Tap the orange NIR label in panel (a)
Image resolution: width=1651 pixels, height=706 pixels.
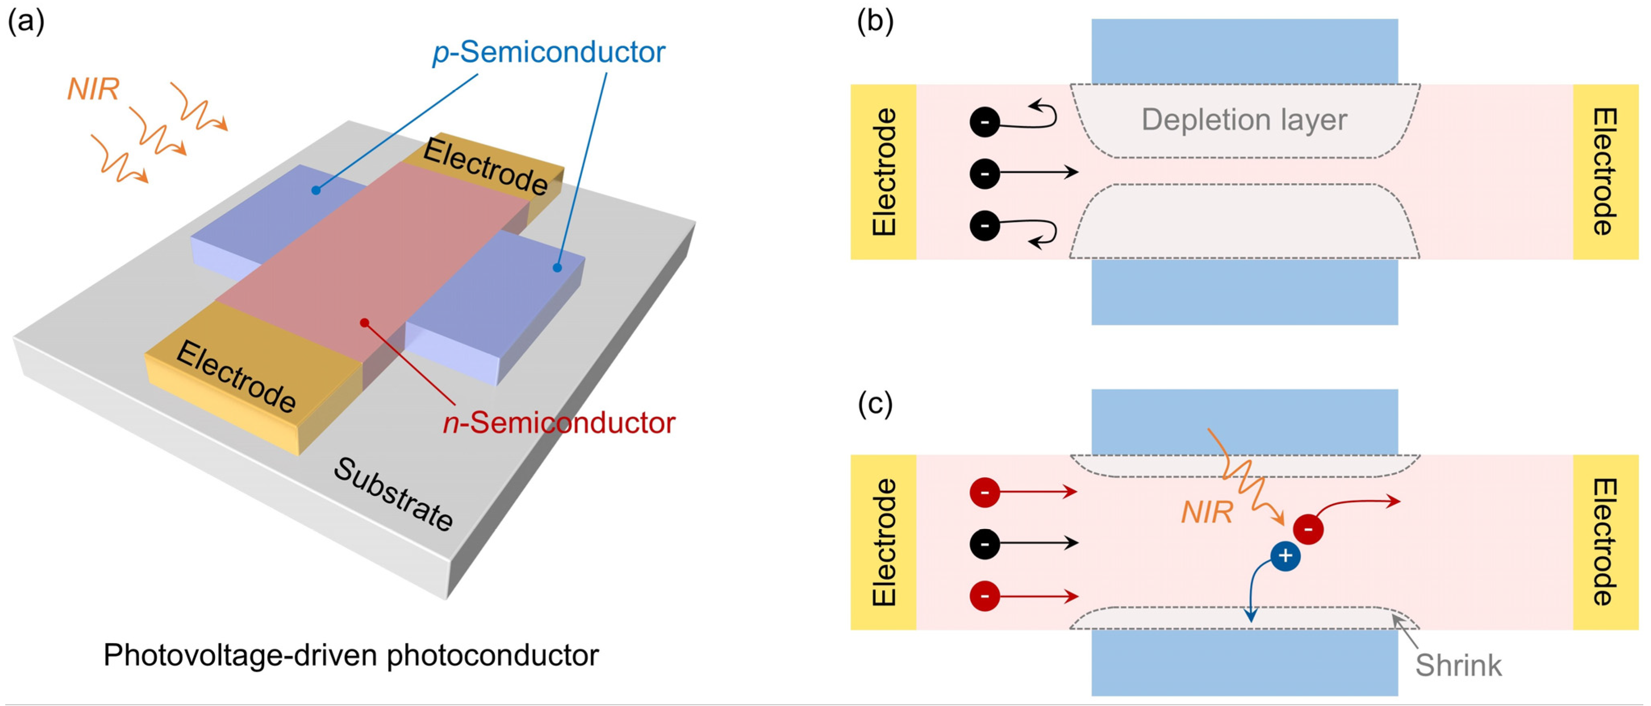point(93,89)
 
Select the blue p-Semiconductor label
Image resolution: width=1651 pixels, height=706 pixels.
point(549,52)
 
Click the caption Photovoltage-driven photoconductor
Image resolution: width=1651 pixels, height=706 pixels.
point(351,655)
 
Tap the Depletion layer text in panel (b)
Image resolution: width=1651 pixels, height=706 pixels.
point(1244,120)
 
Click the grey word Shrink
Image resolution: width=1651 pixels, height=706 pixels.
point(1458,666)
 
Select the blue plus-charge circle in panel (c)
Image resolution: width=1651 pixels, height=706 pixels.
point(1285,556)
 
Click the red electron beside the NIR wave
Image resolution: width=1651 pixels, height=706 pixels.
point(1308,529)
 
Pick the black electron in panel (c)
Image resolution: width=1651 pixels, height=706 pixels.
point(985,544)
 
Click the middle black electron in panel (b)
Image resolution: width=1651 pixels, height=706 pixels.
point(985,173)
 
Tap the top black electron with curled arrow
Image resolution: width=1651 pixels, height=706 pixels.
point(985,122)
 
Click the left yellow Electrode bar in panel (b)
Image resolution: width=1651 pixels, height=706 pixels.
point(883,172)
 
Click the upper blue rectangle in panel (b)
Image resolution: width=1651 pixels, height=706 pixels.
point(1244,51)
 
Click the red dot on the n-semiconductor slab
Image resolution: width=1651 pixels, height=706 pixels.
point(364,323)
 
